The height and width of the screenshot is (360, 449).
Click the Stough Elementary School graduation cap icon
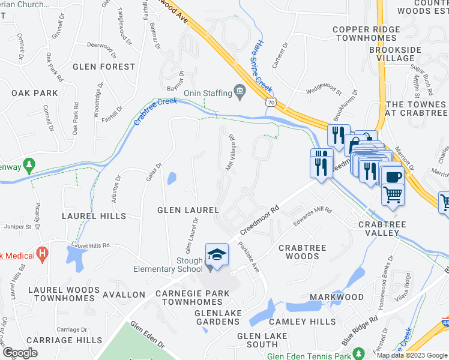point(217,254)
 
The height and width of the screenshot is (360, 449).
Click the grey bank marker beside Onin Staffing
point(241,92)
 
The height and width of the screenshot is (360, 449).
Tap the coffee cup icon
point(393,176)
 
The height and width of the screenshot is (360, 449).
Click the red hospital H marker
point(42,254)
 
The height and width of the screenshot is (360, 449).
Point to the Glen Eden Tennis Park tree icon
point(359,353)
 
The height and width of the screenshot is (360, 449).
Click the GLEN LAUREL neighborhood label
point(187,209)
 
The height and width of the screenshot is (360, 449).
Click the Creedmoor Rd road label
point(259,221)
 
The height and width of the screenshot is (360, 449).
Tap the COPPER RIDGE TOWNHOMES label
point(366,34)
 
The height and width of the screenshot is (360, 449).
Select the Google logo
point(19,353)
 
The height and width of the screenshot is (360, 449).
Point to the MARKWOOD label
point(336,297)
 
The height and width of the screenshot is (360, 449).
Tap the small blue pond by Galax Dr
point(172,178)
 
